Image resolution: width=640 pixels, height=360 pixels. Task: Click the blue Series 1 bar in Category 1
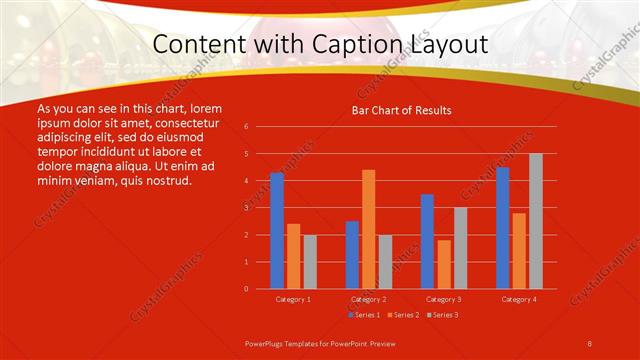click(x=277, y=231)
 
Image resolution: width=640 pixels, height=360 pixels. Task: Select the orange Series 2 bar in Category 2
click(x=369, y=229)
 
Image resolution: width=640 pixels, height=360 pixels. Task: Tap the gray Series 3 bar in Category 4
click(x=536, y=221)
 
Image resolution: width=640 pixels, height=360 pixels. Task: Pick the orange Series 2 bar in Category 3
click(x=444, y=264)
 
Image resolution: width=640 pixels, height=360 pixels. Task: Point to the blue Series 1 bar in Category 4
click(x=502, y=228)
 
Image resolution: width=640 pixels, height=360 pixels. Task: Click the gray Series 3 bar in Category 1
click(x=310, y=262)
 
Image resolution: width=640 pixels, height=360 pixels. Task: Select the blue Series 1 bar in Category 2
click(x=352, y=255)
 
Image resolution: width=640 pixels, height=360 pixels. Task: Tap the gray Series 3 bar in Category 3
click(x=460, y=248)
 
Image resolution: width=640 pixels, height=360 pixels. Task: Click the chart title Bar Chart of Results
click(x=401, y=110)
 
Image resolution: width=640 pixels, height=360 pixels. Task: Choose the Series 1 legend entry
click(x=364, y=315)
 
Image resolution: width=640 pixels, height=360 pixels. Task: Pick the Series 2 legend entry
click(x=402, y=315)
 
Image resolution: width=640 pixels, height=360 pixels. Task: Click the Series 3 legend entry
click(x=441, y=315)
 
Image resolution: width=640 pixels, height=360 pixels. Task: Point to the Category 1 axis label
click(x=293, y=299)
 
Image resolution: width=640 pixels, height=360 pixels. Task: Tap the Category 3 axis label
click(x=443, y=299)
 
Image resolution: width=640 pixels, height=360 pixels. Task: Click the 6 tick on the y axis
click(x=246, y=127)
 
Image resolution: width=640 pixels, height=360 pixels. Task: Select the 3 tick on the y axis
click(x=246, y=208)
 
